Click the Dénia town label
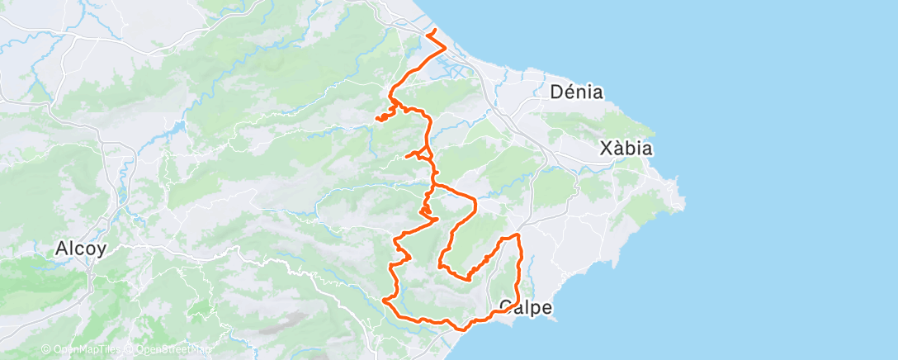coord(577,92)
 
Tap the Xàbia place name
coord(626,149)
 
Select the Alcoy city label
coord(80,248)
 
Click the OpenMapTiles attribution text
coord(83,349)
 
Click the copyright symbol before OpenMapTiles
coord(46,349)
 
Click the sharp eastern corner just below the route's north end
coord(446,46)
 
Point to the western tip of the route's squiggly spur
coord(377,119)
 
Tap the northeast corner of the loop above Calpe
coord(519,236)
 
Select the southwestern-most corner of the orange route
coord(385,301)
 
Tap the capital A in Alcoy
coord(61,248)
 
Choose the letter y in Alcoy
coord(102,250)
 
